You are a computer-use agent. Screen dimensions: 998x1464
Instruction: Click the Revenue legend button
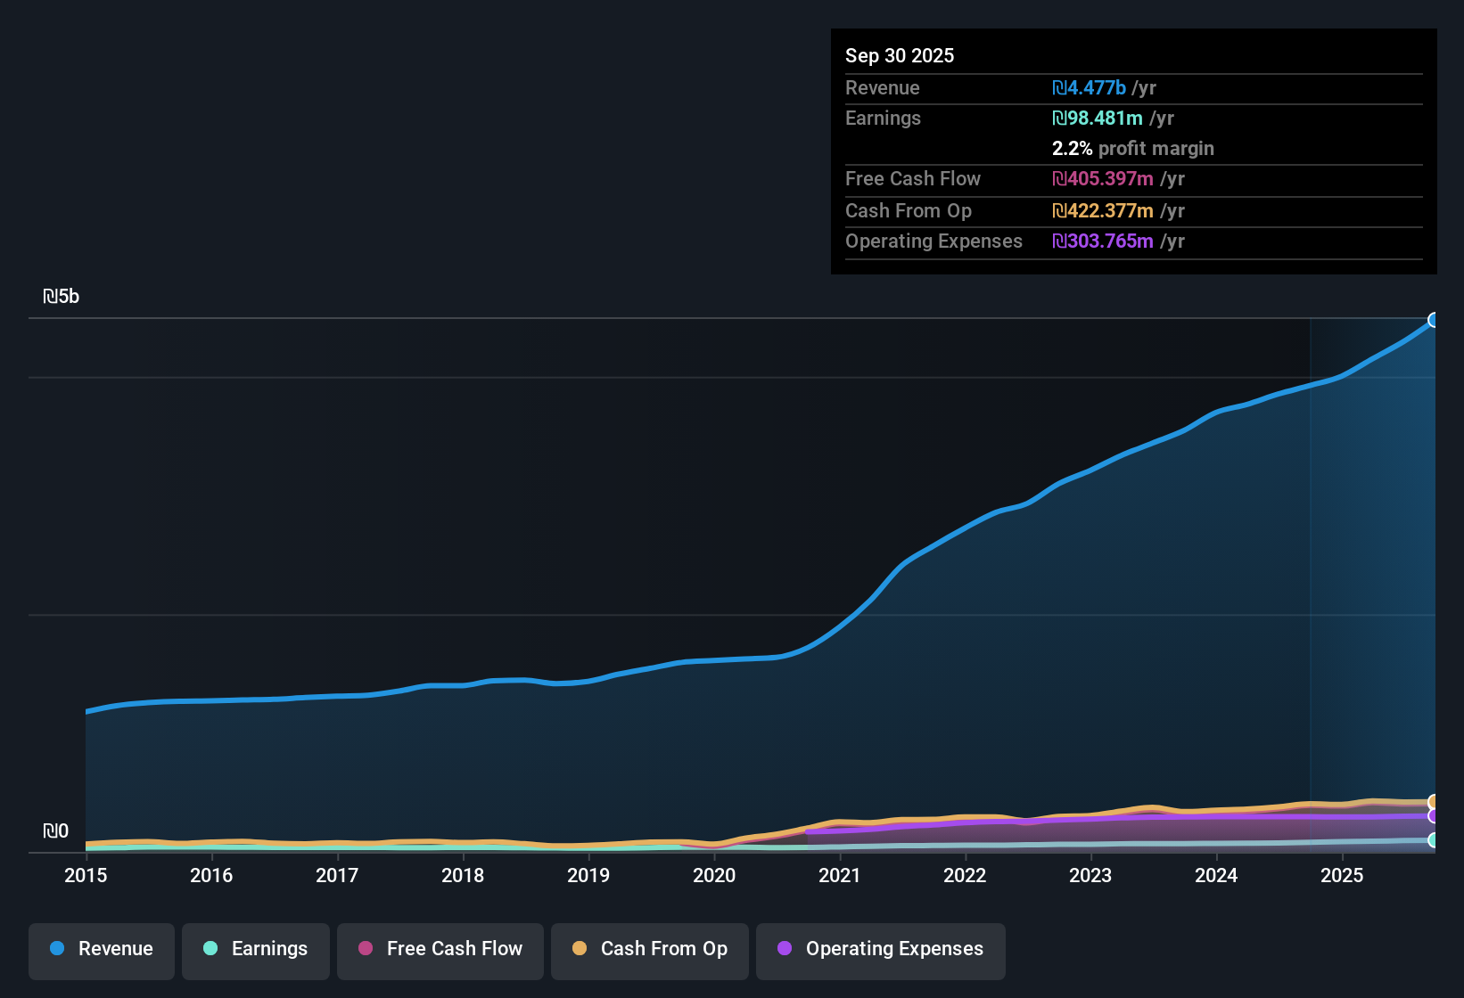point(102,949)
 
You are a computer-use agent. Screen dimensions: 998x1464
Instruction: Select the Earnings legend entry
point(256,949)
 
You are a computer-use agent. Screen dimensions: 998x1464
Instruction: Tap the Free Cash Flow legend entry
point(440,949)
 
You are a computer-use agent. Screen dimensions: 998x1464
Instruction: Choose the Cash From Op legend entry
point(650,949)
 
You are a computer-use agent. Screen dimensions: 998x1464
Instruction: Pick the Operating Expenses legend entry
point(881,949)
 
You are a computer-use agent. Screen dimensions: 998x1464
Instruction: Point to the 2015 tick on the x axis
point(86,875)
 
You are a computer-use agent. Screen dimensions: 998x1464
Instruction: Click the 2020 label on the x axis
point(714,875)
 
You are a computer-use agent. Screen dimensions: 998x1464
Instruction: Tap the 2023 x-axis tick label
point(1090,875)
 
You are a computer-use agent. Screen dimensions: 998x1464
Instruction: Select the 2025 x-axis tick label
point(1342,875)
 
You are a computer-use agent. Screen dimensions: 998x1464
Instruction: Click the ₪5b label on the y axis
point(62,297)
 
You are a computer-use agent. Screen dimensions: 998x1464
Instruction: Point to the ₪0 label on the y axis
point(55,831)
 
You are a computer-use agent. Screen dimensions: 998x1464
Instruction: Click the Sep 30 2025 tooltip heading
point(900,55)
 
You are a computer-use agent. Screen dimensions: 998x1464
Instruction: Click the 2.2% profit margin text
point(1132,149)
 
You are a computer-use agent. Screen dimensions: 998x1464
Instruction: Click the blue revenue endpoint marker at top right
point(1434,320)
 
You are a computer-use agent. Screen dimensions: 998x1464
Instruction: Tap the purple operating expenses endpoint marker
point(1434,816)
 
